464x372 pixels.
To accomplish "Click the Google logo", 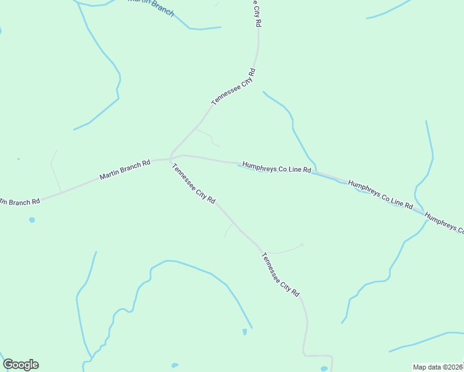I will click(x=20, y=365).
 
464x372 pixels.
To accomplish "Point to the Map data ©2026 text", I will click(x=437, y=366).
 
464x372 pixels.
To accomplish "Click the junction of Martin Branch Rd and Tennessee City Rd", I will click(x=170, y=158).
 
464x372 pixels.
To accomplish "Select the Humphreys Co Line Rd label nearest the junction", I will click(x=276, y=167).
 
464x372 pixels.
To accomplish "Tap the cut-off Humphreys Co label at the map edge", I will click(x=445, y=221).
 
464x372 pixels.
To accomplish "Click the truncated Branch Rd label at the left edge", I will click(x=20, y=201).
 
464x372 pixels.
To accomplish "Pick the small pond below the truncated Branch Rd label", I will click(x=32, y=219).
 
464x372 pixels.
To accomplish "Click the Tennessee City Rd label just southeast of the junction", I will click(x=194, y=184).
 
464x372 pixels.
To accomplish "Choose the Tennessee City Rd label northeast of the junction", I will click(x=233, y=87).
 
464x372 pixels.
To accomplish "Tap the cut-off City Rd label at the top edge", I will click(x=256, y=12).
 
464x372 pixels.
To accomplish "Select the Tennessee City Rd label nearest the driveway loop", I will click(x=281, y=273).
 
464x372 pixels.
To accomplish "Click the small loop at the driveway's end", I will click(x=302, y=245).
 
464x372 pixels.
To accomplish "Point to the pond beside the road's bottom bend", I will click(x=324, y=368).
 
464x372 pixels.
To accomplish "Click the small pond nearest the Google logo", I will click(x=174, y=365).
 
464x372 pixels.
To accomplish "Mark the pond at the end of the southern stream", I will click(x=244, y=332).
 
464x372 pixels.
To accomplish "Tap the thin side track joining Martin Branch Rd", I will click(x=55, y=170).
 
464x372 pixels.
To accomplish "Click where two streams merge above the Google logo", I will click(x=92, y=357).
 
